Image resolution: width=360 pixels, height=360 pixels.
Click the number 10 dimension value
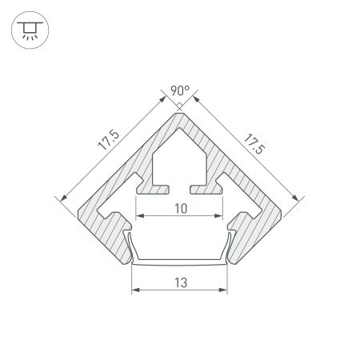coord(180,207)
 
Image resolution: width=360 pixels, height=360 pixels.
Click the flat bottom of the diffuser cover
coord(180,263)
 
